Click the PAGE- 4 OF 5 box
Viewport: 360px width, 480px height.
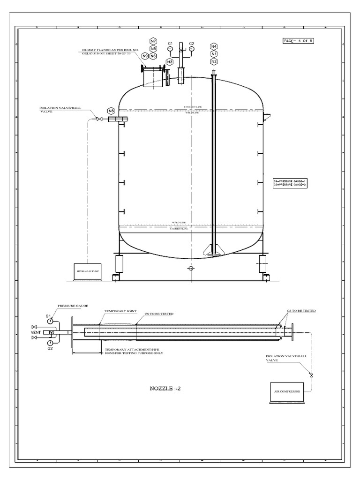click(298, 41)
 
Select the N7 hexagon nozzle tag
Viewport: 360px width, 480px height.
click(153, 41)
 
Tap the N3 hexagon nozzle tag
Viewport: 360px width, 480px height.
click(170, 62)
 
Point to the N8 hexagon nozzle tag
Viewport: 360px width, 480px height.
click(111, 111)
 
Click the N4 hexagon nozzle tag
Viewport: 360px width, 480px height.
click(214, 46)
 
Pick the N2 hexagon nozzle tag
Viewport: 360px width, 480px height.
click(214, 61)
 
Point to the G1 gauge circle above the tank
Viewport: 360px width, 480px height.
click(170, 49)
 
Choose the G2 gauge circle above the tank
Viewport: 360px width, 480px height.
click(191, 49)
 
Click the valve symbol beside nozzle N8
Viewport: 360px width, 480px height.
click(99, 120)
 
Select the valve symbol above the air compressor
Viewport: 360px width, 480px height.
click(312, 375)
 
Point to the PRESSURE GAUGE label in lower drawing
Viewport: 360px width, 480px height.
click(73, 306)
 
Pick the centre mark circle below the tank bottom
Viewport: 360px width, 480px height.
click(190, 269)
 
